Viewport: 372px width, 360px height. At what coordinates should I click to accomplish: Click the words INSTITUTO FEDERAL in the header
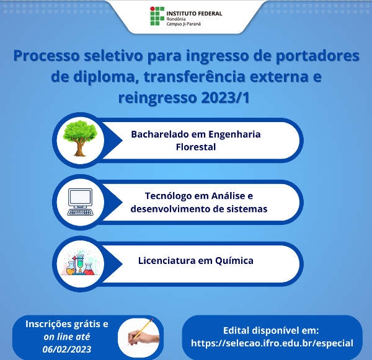tap(194, 12)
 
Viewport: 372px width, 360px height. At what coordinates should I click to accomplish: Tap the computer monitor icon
tap(80, 201)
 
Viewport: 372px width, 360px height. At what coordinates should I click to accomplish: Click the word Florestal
tap(196, 147)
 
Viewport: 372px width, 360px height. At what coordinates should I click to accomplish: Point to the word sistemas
tap(246, 209)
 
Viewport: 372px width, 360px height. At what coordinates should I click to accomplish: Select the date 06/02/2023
tap(67, 349)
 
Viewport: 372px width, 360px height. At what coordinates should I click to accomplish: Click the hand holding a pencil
tap(140, 336)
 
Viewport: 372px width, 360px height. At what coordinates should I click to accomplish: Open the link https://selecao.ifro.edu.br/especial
tap(272, 343)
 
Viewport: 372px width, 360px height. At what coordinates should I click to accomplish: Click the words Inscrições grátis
tap(60, 324)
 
